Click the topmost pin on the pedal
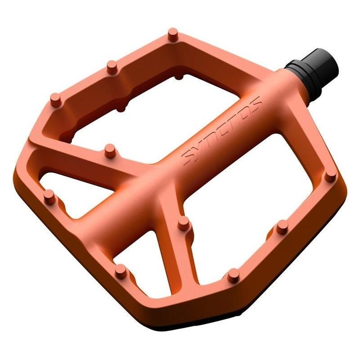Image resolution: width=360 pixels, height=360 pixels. point(172,34)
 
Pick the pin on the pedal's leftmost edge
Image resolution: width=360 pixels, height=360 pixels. point(50,197)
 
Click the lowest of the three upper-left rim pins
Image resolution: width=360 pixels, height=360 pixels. point(55,99)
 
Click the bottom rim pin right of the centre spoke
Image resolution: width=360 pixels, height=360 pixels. point(233,274)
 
